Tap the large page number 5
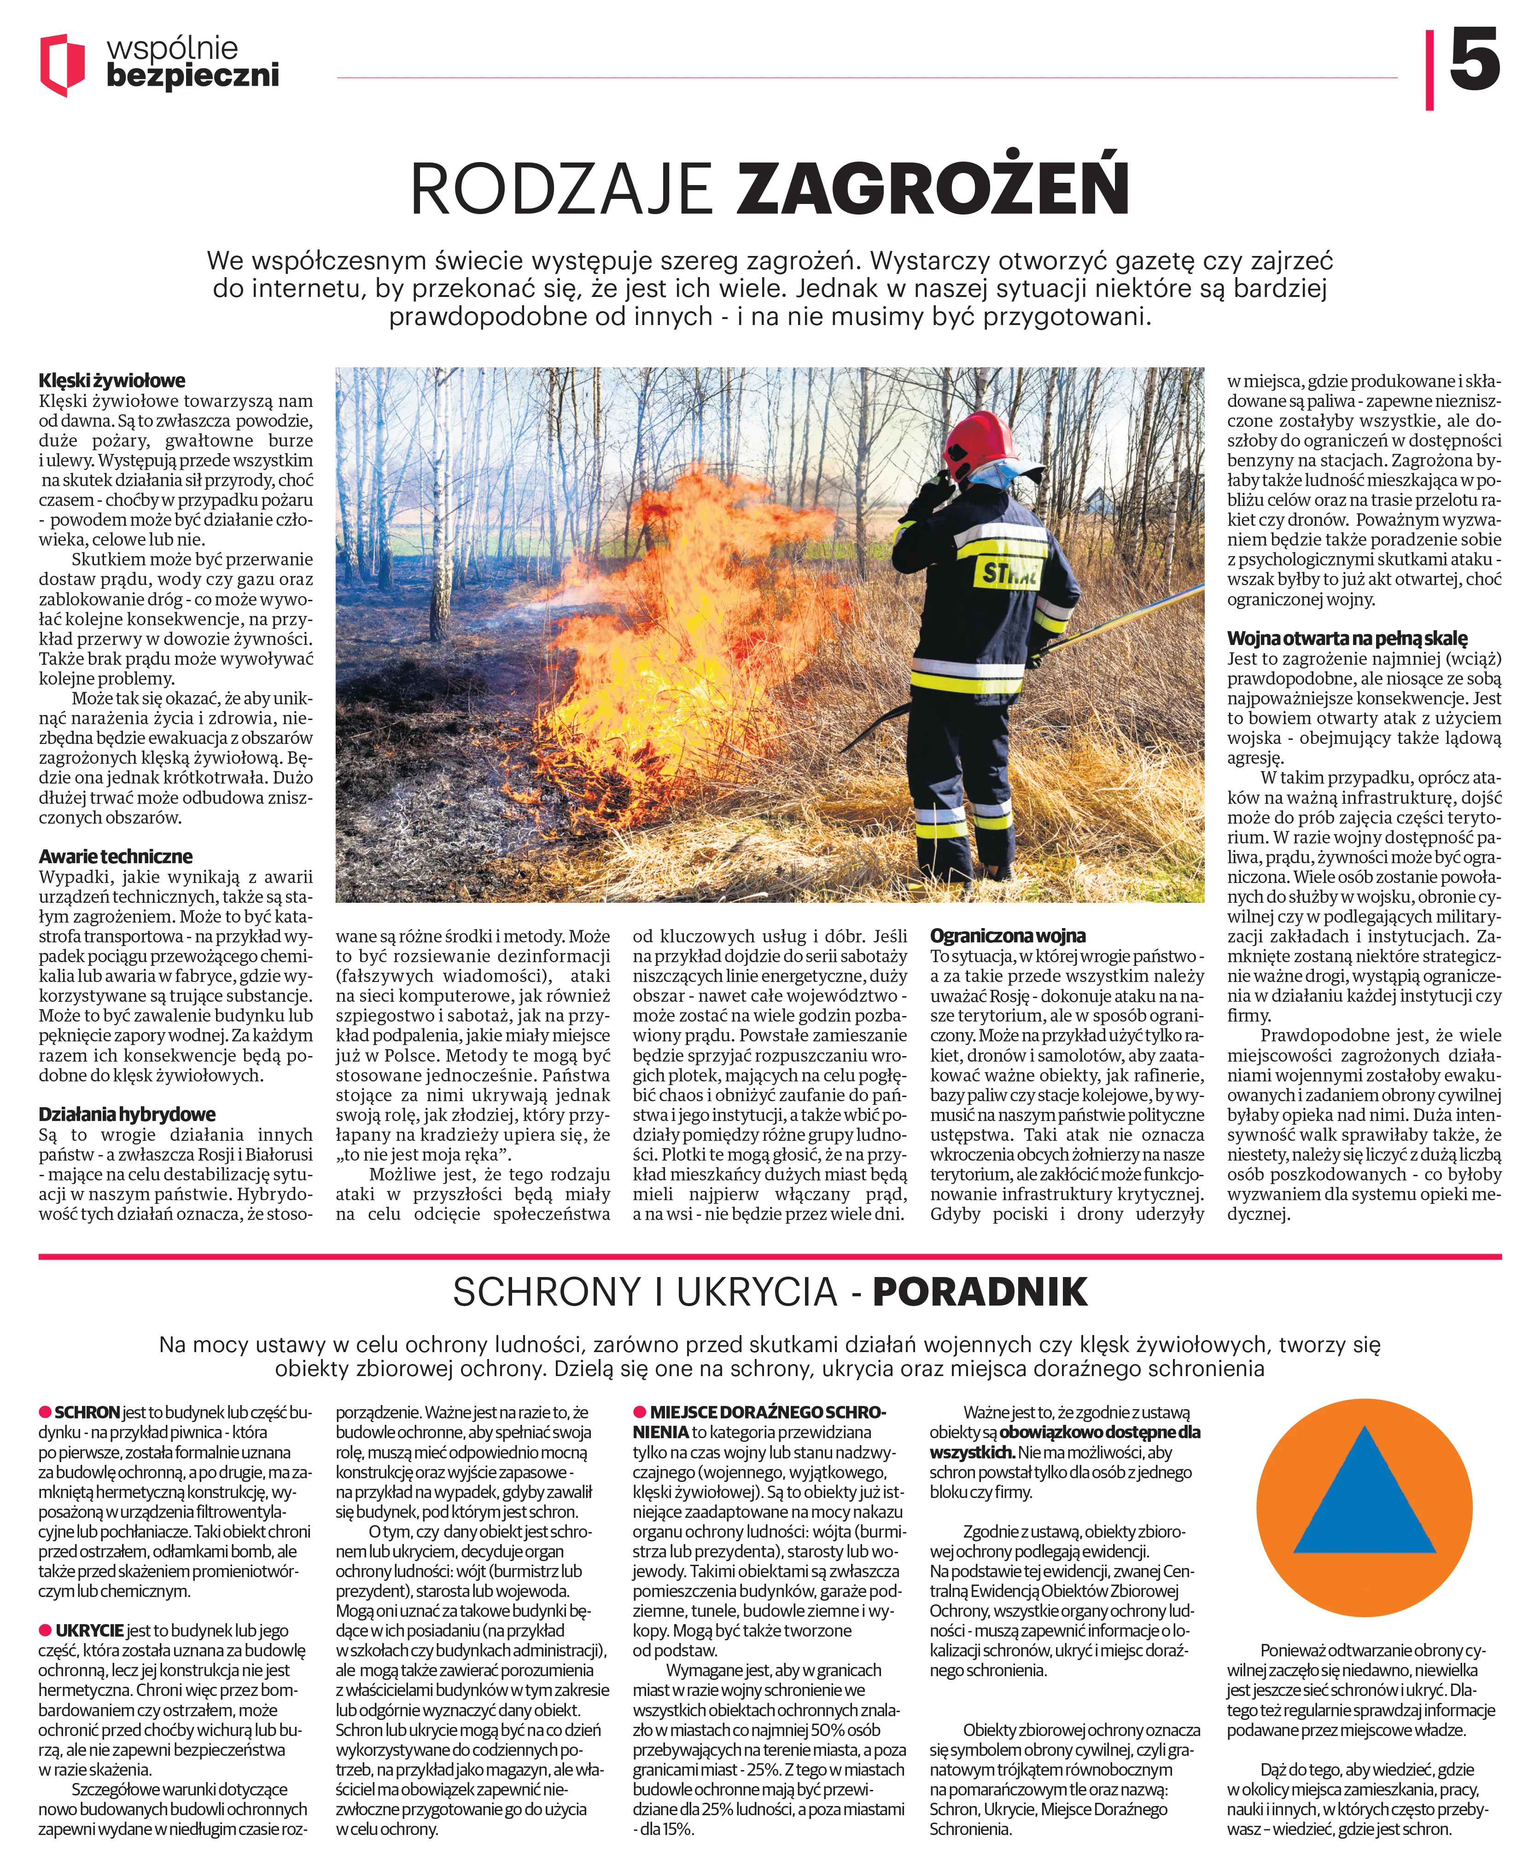tap(1474, 60)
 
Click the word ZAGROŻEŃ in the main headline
tap(933, 188)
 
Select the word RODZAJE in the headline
tap(561, 188)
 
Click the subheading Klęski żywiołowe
tap(112, 380)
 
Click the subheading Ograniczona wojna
tap(1008, 935)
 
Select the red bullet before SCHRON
tap(44, 1411)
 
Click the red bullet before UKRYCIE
tap(44, 1630)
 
